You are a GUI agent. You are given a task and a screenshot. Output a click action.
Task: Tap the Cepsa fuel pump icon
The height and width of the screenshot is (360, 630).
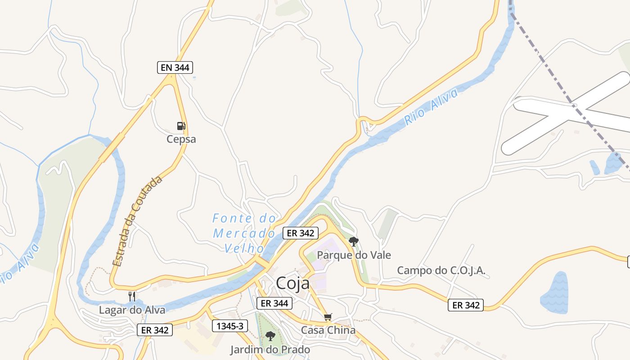[x=181, y=126]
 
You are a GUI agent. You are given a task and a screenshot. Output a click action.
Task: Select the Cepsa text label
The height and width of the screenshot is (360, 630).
[x=181, y=139]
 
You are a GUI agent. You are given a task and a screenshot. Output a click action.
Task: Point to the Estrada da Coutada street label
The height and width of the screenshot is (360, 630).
[x=137, y=221]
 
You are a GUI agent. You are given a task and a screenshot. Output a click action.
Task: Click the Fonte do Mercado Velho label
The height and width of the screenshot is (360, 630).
[x=244, y=233]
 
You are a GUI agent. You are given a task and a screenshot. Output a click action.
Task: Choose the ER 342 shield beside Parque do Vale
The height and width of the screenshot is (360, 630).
[x=301, y=233]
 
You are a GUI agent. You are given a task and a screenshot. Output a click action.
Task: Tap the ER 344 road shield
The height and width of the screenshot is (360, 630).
[x=274, y=303]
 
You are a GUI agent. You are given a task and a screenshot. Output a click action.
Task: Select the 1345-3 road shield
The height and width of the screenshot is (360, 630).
[x=230, y=326]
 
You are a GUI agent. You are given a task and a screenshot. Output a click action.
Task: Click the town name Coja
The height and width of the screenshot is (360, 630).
[x=292, y=283]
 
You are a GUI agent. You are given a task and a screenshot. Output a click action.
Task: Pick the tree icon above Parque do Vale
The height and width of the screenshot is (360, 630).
[x=354, y=242]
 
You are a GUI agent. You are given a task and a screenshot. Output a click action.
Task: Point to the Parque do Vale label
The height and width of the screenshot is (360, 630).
[x=354, y=255]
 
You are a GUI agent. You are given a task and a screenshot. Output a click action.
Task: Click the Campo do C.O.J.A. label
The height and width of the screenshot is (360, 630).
[x=441, y=270]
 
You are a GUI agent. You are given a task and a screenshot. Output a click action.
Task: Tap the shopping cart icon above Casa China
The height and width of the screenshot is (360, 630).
[x=328, y=317]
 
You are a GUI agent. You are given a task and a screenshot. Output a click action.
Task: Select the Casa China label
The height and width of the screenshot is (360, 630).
[x=328, y=330]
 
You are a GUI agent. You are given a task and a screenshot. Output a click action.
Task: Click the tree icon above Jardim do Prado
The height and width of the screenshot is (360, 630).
[x=270, y=336]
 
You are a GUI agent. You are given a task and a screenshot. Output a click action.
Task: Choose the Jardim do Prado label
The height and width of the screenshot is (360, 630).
[x=270, y=350]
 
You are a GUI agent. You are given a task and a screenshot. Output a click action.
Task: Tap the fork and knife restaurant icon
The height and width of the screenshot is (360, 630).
[x=132, y=296]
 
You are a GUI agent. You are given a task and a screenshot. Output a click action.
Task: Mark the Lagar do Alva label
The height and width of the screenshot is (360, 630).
[x=132, y=310]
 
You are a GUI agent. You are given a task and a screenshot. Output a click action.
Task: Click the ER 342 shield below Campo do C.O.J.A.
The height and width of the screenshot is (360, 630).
[x=465, y=305]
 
